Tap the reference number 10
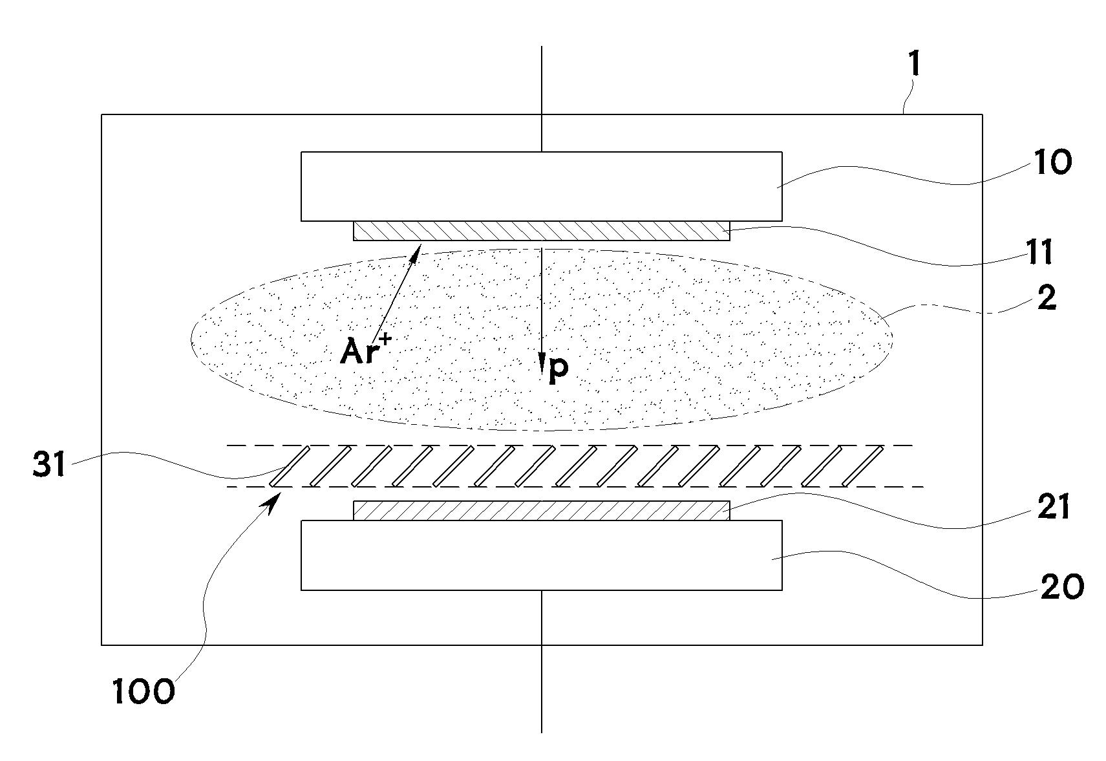[x=1052, y=163]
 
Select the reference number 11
[x=1040, y=252]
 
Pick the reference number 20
[x=1062, y=586]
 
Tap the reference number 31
[x=48, y=464]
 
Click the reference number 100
[x=144, y=692]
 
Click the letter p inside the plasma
[x=558, y=369]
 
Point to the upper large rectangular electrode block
[x=541, y=186]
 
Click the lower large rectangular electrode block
[x=541, y=555]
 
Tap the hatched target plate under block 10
[x=541, y=231]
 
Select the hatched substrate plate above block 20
[x=541, y=510]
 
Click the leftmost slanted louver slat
[x=289, y=466]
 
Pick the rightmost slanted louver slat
[x=862, y=466]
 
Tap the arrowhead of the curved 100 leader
[x=276, y=497]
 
